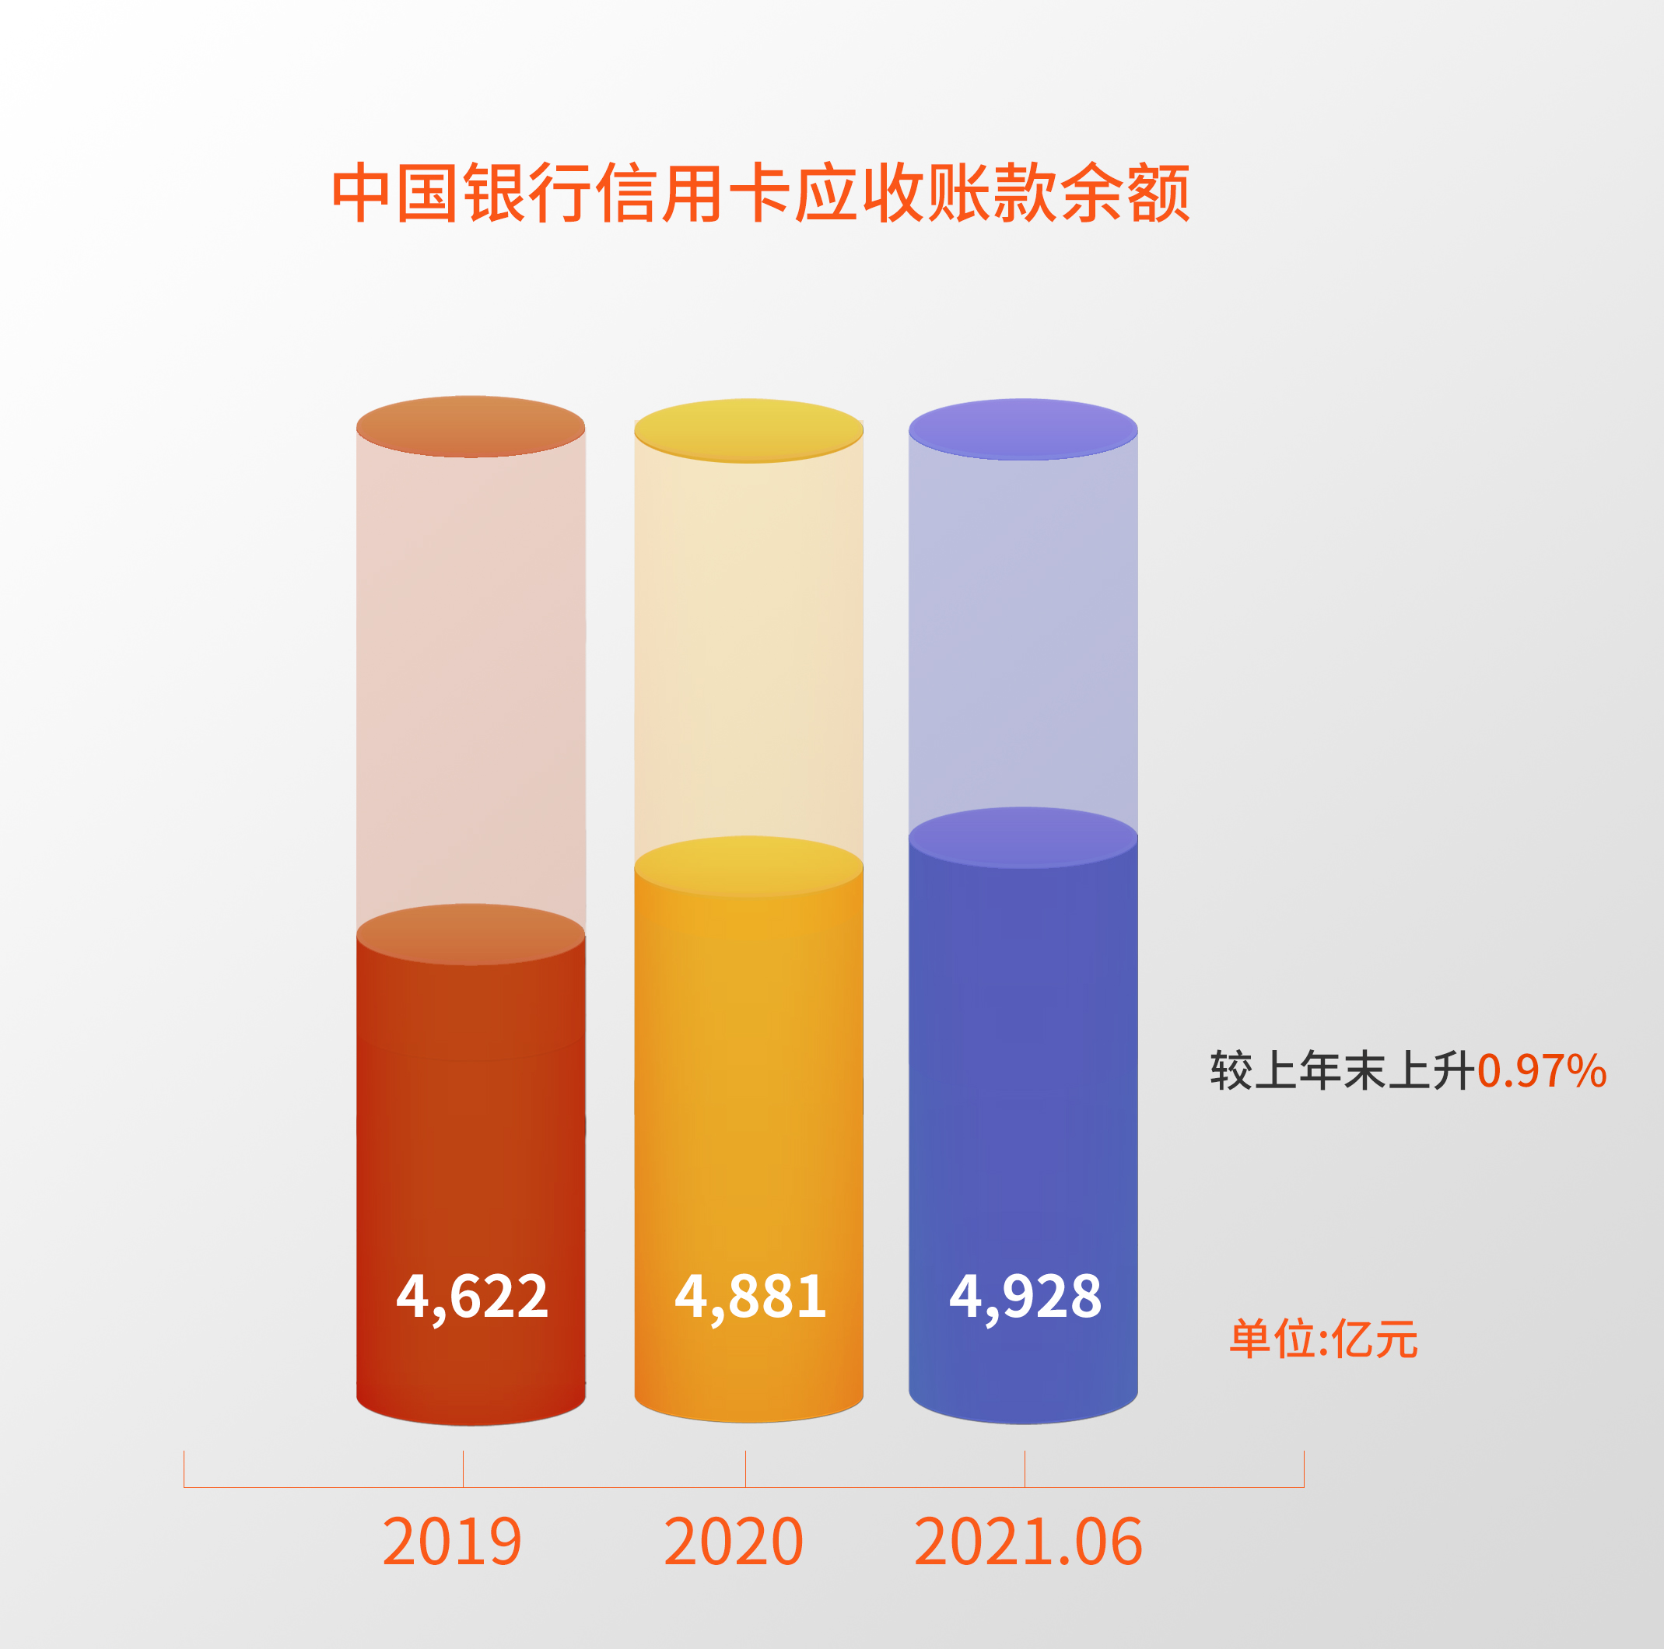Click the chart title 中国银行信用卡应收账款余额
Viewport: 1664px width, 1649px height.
click(x=762, y=192)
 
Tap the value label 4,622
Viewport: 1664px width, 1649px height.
click(x=471, y=1297)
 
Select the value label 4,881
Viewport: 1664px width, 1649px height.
click(x=749, y=1297)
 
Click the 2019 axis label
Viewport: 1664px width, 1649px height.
click(x=452, y=1542)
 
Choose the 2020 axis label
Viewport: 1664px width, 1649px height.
click(x=733, y=1542)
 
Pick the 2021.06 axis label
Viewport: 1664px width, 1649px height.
click(x=1028, y=1542)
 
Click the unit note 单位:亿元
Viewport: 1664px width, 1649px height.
click(x=1323, y=1340)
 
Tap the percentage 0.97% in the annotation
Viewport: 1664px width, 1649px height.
click(x=1542, y=1071)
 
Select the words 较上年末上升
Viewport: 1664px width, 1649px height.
click(x=1343, y=1071)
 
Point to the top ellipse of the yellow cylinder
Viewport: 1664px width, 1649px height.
click(x=748, y=429)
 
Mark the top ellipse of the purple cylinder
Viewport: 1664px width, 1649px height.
click(x=1023, y=429)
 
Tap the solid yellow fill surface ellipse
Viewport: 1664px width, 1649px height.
click(x=748, y=867)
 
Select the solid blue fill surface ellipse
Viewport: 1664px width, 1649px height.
click(x=1023, y=837)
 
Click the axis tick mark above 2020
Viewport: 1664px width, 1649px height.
click(x=746, y=1469)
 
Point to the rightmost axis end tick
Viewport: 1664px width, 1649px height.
click(x=1304, y=1469)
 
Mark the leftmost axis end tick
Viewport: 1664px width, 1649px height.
click(x=184, y=1469)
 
